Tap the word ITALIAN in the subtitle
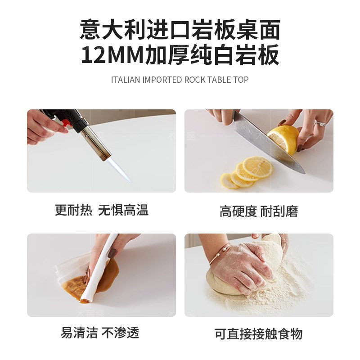(x=126, y=80)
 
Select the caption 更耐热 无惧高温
(x=101, y=210)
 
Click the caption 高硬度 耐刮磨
(x=259, y=211)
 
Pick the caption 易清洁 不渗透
(x=100, y=333)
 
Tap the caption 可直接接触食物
(x=258, y=334)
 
